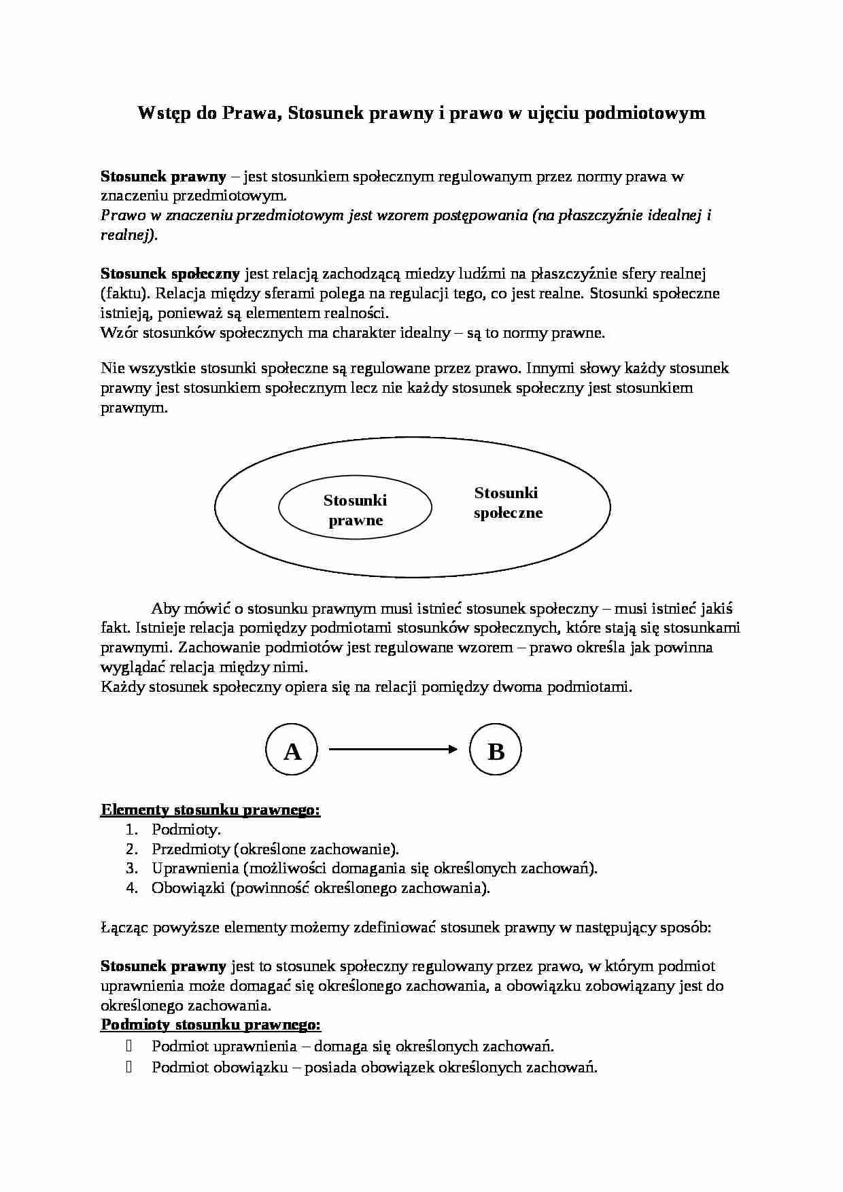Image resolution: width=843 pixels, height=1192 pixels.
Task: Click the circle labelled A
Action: tap(292, 750)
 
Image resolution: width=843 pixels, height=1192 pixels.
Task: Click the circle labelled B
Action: tap(496, 750)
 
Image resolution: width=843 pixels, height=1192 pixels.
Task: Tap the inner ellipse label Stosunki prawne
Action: tap(355, 510)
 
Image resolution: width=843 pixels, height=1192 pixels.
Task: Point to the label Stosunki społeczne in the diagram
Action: tap(507, 503)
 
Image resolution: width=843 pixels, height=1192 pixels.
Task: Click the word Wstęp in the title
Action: tap(164, 113)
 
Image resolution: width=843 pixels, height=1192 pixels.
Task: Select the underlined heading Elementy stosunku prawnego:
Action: tap(210, 809)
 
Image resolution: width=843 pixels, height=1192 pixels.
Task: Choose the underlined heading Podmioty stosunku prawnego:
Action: tap(211, 1024)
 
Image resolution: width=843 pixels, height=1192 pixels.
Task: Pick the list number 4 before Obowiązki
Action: tap(132, 888)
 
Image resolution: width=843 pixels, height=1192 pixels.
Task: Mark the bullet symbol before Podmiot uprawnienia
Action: tap(128, 1046)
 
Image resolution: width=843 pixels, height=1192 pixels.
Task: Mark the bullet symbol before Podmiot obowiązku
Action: tap(128, 1067)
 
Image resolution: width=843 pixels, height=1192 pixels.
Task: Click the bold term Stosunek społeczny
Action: tap(170, 274)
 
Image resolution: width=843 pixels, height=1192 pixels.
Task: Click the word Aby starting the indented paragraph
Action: tap(165, 608)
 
